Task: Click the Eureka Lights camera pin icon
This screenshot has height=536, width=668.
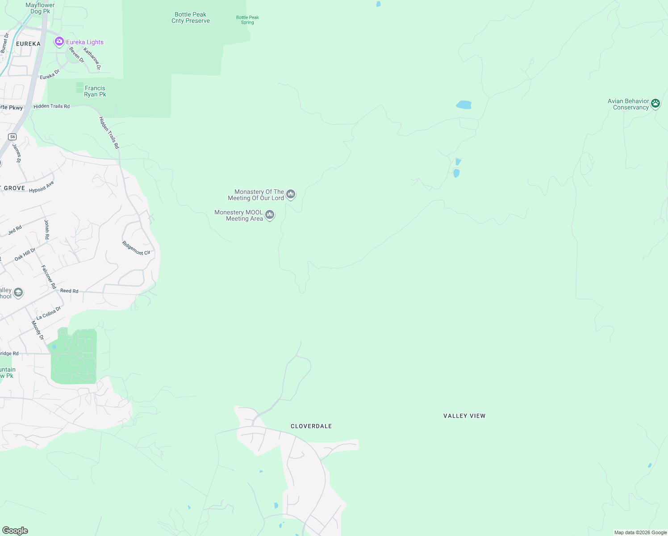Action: (59, 42)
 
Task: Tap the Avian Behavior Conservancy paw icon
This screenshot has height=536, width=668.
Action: (655, 104)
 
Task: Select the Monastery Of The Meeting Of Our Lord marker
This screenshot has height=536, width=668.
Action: (291, 194)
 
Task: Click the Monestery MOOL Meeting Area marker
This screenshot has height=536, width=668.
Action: (269, 215)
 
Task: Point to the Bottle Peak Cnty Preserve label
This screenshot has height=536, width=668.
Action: (191, 18)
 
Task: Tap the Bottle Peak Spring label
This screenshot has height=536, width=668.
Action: (247, 20)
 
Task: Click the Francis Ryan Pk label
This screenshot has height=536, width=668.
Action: (95, 91)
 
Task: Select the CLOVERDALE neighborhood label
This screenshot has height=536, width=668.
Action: (311, 426)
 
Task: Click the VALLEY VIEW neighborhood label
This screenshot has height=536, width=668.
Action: (464, 416)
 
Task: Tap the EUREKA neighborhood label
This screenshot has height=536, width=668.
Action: (28, 44)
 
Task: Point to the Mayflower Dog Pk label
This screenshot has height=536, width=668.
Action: (40, 8)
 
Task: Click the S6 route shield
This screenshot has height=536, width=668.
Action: (13, 137)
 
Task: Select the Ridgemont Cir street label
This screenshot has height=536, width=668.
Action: (136, 248)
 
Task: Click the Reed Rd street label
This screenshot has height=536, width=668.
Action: (69, 291)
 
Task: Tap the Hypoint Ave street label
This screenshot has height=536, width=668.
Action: (42, 187)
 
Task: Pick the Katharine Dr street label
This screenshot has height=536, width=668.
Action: (92, 59)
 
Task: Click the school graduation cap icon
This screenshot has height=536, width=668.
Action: (18, 293)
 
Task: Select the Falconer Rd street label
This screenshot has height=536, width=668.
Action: (49, 277)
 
